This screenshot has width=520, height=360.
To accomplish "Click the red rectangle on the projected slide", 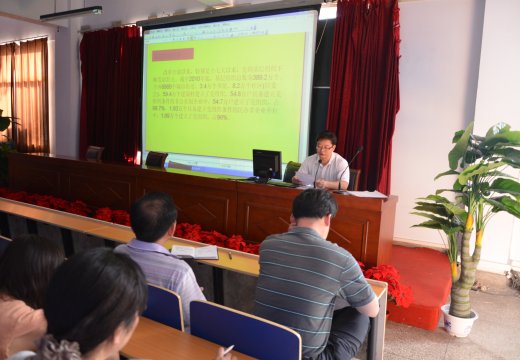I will click(x=173, y=54).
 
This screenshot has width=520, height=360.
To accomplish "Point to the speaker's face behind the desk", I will click(x=325, y=148).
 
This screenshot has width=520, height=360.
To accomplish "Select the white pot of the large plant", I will click(x=459, y=322).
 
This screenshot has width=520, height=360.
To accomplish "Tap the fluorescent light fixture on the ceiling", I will click(x=71, y=13).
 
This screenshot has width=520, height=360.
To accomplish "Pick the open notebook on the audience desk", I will click(x=194, y=252).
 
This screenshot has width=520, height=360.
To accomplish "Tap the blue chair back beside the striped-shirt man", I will click(x=244, y=333).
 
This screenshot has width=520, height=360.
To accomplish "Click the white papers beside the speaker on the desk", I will click(x=364, y=193).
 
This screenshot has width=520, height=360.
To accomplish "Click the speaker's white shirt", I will click(x=323, y=171).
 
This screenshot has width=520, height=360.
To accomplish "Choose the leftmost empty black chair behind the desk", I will click(x=94, y=153).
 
